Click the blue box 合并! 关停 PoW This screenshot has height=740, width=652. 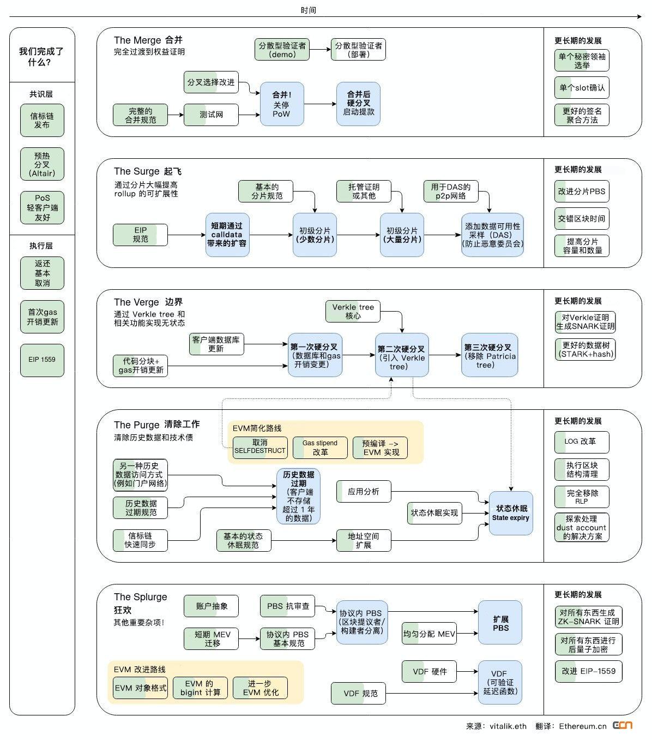[x=281, y=104]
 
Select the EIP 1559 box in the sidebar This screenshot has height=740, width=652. [x=42, y=360]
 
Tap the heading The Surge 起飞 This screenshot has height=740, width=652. [x=147, y=171]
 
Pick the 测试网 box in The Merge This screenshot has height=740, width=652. [x=211, y=115]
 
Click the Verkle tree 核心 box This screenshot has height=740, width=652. [x=353, y=311]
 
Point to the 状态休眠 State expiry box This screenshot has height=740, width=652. [x=511, y=512]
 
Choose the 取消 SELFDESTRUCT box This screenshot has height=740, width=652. [x=260, y=447]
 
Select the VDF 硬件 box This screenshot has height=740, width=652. [x=429, y=671]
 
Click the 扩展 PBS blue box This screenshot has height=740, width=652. [x=500, y=623]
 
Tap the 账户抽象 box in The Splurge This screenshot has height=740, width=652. [x=211, y=606]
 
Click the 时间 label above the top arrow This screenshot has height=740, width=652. [x=308, y=10]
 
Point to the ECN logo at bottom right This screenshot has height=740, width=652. [x=623, y=725]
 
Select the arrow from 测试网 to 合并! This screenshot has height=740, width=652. [x=249, y=115]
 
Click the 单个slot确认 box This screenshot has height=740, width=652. [x=582, y=87]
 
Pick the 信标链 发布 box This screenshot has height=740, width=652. [x=42, y=120]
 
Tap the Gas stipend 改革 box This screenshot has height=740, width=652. [x=320, y=447]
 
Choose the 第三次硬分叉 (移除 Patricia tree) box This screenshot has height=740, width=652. [x=488, y=355]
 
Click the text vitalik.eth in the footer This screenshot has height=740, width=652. [x=508, y=726]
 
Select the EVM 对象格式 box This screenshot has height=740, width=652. [x=140, y=688]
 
